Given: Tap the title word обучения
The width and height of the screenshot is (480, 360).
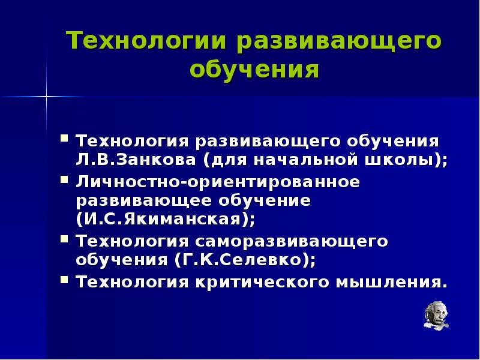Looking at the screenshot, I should click(254, 70).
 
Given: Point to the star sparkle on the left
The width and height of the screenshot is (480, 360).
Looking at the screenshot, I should click(46, 96).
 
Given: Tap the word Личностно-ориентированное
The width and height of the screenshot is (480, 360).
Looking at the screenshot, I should click(218, 182).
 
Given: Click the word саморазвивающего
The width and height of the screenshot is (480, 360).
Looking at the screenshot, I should click(291, 241).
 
